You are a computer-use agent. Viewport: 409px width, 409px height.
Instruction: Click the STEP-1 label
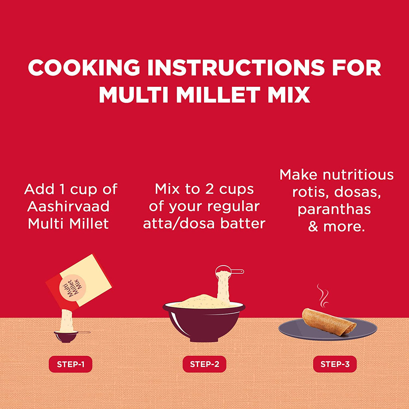70,364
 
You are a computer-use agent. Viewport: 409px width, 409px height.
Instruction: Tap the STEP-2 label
204,364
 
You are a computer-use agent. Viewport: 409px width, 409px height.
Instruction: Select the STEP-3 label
335,364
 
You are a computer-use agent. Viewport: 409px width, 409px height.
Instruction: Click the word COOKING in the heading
84,68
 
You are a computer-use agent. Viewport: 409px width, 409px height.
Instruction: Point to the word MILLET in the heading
218,94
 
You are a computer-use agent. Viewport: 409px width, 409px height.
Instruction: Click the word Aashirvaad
68,206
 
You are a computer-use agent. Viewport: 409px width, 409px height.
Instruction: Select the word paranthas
334,209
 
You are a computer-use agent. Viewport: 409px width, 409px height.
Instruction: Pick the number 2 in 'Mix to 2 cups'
209,189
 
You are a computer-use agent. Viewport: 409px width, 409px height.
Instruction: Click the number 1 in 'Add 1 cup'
62,189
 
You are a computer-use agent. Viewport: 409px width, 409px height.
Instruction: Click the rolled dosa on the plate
329,322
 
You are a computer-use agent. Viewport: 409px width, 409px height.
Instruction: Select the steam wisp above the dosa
322,295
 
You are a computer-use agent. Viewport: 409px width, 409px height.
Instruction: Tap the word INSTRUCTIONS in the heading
236,68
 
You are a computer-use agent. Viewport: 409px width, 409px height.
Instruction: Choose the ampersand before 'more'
313,226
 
